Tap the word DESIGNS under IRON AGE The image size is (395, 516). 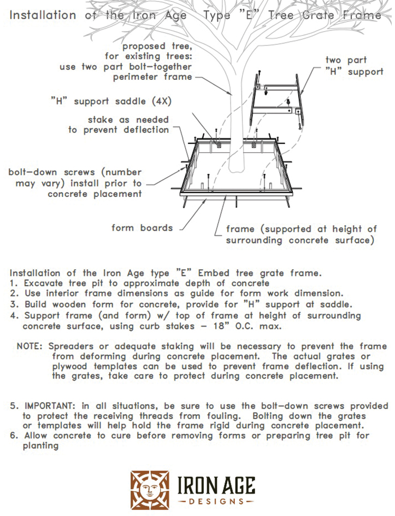(x=216, y=501)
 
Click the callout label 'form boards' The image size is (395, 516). (x=142, y=228)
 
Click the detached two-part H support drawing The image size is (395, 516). (x=276, y=104)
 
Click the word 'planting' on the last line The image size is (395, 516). (x=40, y=445)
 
